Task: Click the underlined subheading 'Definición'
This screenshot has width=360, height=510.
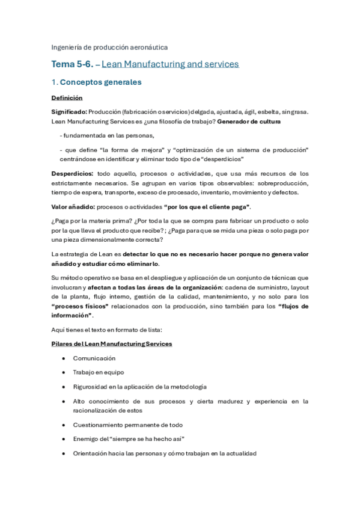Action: [67, 97]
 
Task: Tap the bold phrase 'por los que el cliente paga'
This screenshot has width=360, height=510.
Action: [207, 207]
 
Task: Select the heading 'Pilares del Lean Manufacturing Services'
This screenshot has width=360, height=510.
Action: [112, 343]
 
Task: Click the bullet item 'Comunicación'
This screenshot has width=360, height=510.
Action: [94, 358]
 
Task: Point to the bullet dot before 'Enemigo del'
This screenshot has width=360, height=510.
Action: [64, 439]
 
